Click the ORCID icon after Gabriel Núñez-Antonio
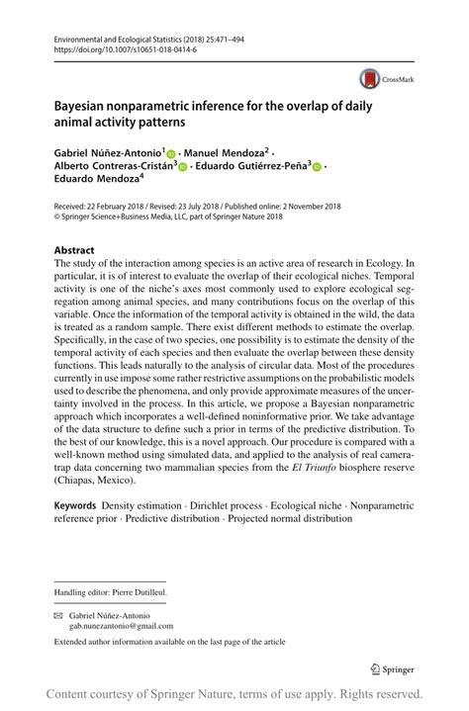(170, 155)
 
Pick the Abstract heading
(74, 251)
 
